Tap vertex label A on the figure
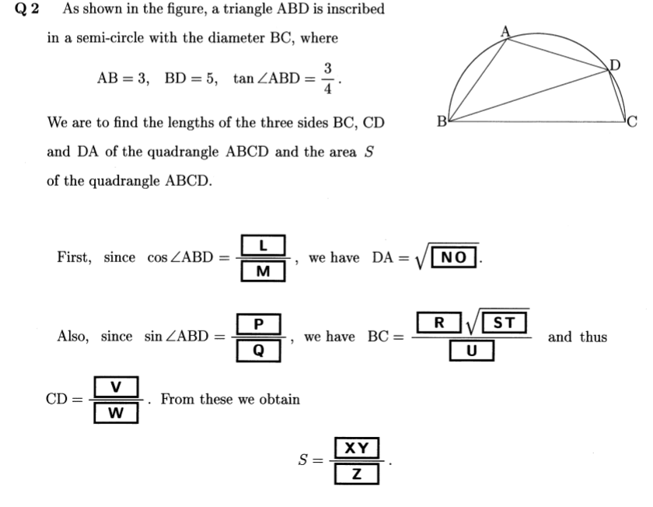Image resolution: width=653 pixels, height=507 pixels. [x=505, y=31]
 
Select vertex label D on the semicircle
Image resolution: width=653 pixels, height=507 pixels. [x=616, y=65]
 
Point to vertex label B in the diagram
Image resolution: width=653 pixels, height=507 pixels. [x=442, y=121]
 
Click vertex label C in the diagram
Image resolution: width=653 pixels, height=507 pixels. [x=632, y=121]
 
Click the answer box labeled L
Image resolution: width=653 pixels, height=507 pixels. [x=263, y=246]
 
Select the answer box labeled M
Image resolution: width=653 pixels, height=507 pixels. [x=263, y=271]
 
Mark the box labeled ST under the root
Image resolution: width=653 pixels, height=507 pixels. [x=506, y=323]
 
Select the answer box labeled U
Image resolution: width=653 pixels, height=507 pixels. [x=471, y=351]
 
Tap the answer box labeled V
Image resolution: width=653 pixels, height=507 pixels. [x=116, y=386]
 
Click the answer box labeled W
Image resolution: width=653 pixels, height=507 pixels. [x=116, y=413]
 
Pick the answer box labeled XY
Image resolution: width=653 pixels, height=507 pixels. [x=356, y=448]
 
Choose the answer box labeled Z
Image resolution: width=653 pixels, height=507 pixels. [x=356, y=474]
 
